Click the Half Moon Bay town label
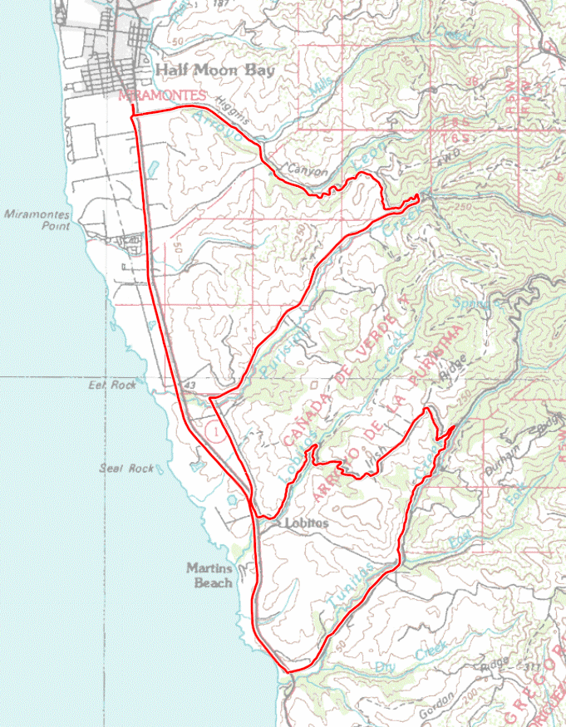[x=214, y=71]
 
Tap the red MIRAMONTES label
[x=162, y=96]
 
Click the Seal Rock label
[x=126, y=469]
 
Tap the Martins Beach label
[x=209, y=576]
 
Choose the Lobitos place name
[x=306, y=523]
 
